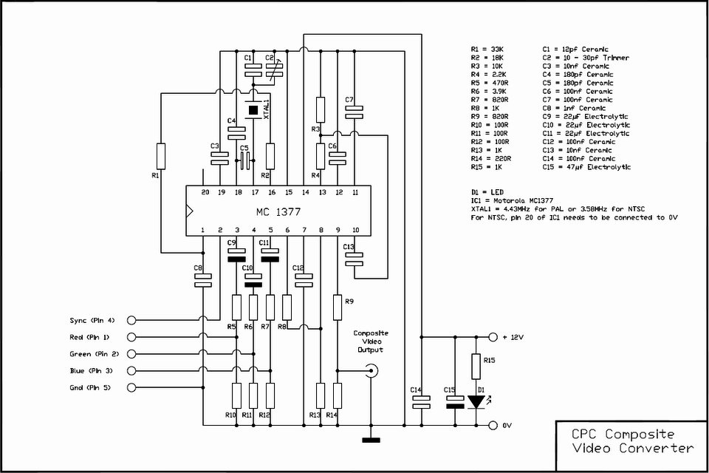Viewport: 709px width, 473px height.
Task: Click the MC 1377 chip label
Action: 278,212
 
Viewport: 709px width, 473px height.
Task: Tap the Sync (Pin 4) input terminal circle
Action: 131,321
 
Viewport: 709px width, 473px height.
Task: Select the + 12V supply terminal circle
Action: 493,337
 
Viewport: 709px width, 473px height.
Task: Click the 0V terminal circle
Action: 493,426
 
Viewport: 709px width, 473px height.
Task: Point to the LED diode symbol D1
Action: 476,401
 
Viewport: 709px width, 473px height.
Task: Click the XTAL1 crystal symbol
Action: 253,110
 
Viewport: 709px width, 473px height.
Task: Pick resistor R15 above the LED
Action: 476,367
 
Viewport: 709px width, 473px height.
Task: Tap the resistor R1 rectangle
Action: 160,156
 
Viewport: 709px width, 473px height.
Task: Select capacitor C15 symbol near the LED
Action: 456,402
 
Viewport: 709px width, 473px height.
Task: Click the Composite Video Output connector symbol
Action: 372,371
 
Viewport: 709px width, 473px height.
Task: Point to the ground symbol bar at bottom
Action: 371,440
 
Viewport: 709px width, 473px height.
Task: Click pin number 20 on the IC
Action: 205,192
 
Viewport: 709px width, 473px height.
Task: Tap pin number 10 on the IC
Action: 355,230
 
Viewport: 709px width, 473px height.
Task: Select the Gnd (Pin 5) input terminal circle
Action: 131,387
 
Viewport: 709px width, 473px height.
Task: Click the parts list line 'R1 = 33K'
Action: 487,49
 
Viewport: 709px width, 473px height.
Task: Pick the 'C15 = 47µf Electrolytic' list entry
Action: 586,167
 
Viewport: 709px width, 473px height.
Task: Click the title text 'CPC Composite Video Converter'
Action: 633,441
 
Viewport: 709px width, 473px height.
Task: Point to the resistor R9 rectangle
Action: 338,307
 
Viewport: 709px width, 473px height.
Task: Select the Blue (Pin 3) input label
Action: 92,371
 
